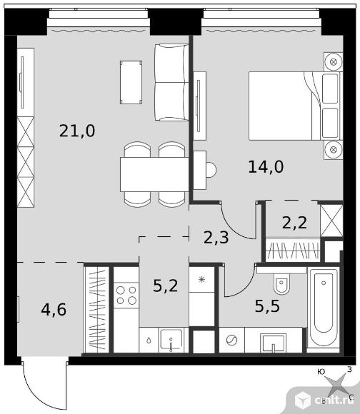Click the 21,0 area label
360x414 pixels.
(x=77, y=131)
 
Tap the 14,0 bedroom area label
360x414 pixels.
(x=266, y=167)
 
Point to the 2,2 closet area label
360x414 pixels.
(x=294, y=223)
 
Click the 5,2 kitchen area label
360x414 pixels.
(x=165, y=286)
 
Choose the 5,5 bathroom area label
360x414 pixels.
(x=267, y=306)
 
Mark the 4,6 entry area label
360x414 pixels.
(x=54, y=310)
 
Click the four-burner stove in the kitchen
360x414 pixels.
(x=126, y=296)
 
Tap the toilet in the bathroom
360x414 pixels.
(x=281, y=283)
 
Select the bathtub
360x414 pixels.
(x=324, y=310)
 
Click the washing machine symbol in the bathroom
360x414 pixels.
(x=231, y=340)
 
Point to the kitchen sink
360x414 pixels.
(x=171, y=340)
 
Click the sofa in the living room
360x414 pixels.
(x=171, y=82)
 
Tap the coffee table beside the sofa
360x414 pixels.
(x=131, y=82)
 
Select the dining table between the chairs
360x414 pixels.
(x=154, y=175)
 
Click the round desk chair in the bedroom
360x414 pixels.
(x=211, y=170)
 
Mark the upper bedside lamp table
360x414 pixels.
(x=334, y=62)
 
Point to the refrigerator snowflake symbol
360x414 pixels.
(x=202, y=279)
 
